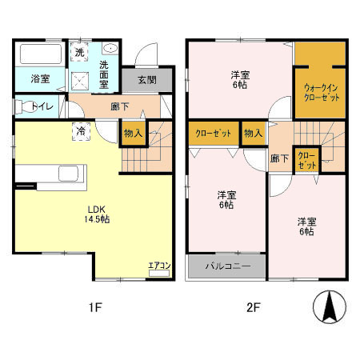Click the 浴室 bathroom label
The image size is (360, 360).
click(x=40, y=79)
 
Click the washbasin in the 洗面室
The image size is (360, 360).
click(x=110, y=49)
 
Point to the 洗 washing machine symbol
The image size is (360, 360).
click(x=79, y=52)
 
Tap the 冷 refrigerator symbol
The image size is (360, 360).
click(x=82, y=131)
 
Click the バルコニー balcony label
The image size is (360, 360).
click(x=227, y=266)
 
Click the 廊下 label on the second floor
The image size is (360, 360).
click(x=278, y=158)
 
